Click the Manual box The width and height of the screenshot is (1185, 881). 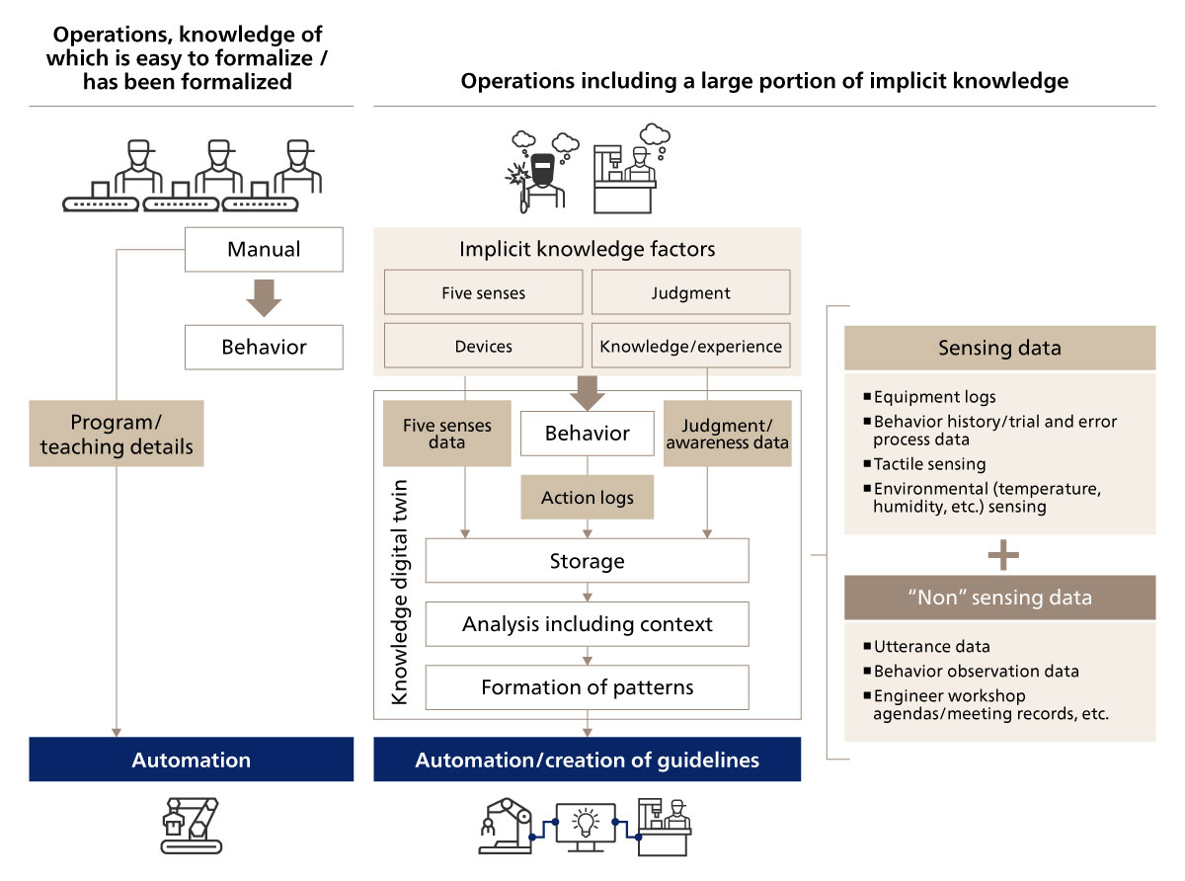264,249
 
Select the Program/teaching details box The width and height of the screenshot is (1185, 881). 117,434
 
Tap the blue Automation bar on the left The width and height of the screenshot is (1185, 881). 191,760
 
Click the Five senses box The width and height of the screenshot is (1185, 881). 483,292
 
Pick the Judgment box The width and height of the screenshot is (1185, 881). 690,292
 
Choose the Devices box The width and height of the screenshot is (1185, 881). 483,346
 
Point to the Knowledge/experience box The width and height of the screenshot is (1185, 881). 690,346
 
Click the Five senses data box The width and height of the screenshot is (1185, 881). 446,433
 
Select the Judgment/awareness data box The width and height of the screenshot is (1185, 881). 727,433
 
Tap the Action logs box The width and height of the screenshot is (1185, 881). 588,498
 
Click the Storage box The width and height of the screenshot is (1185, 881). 587,561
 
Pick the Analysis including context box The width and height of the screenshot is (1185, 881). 587,624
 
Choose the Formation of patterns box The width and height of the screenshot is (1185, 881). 587,686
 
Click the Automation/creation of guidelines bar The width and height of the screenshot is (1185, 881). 587,760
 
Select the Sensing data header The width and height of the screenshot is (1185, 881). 998,348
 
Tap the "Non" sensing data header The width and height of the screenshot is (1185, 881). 998,598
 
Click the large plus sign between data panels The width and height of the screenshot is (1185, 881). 1002,555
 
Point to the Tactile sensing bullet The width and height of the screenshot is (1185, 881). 929,463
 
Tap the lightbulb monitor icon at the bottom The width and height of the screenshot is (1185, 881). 587,825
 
